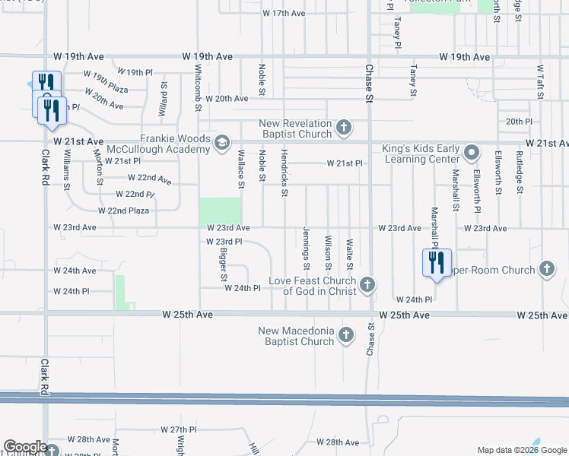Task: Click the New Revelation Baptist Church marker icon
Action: point(344,126)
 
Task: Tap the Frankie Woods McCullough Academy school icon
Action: point(221,142)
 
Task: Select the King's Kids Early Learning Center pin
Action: point(472,152)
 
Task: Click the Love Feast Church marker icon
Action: point(367,285)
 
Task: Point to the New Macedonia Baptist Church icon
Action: point(345,334)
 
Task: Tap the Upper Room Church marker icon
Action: point(546,268)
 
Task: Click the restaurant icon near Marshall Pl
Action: point(437,263)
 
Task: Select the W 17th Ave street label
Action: point(284,14)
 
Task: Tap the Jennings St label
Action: point(306,249)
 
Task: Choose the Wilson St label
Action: point(328,252)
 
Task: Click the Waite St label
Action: point(349,254)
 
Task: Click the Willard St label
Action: point(164,98)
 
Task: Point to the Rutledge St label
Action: point(520,173)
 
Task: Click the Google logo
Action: point(25,447)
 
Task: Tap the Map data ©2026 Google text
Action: point(521,450)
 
